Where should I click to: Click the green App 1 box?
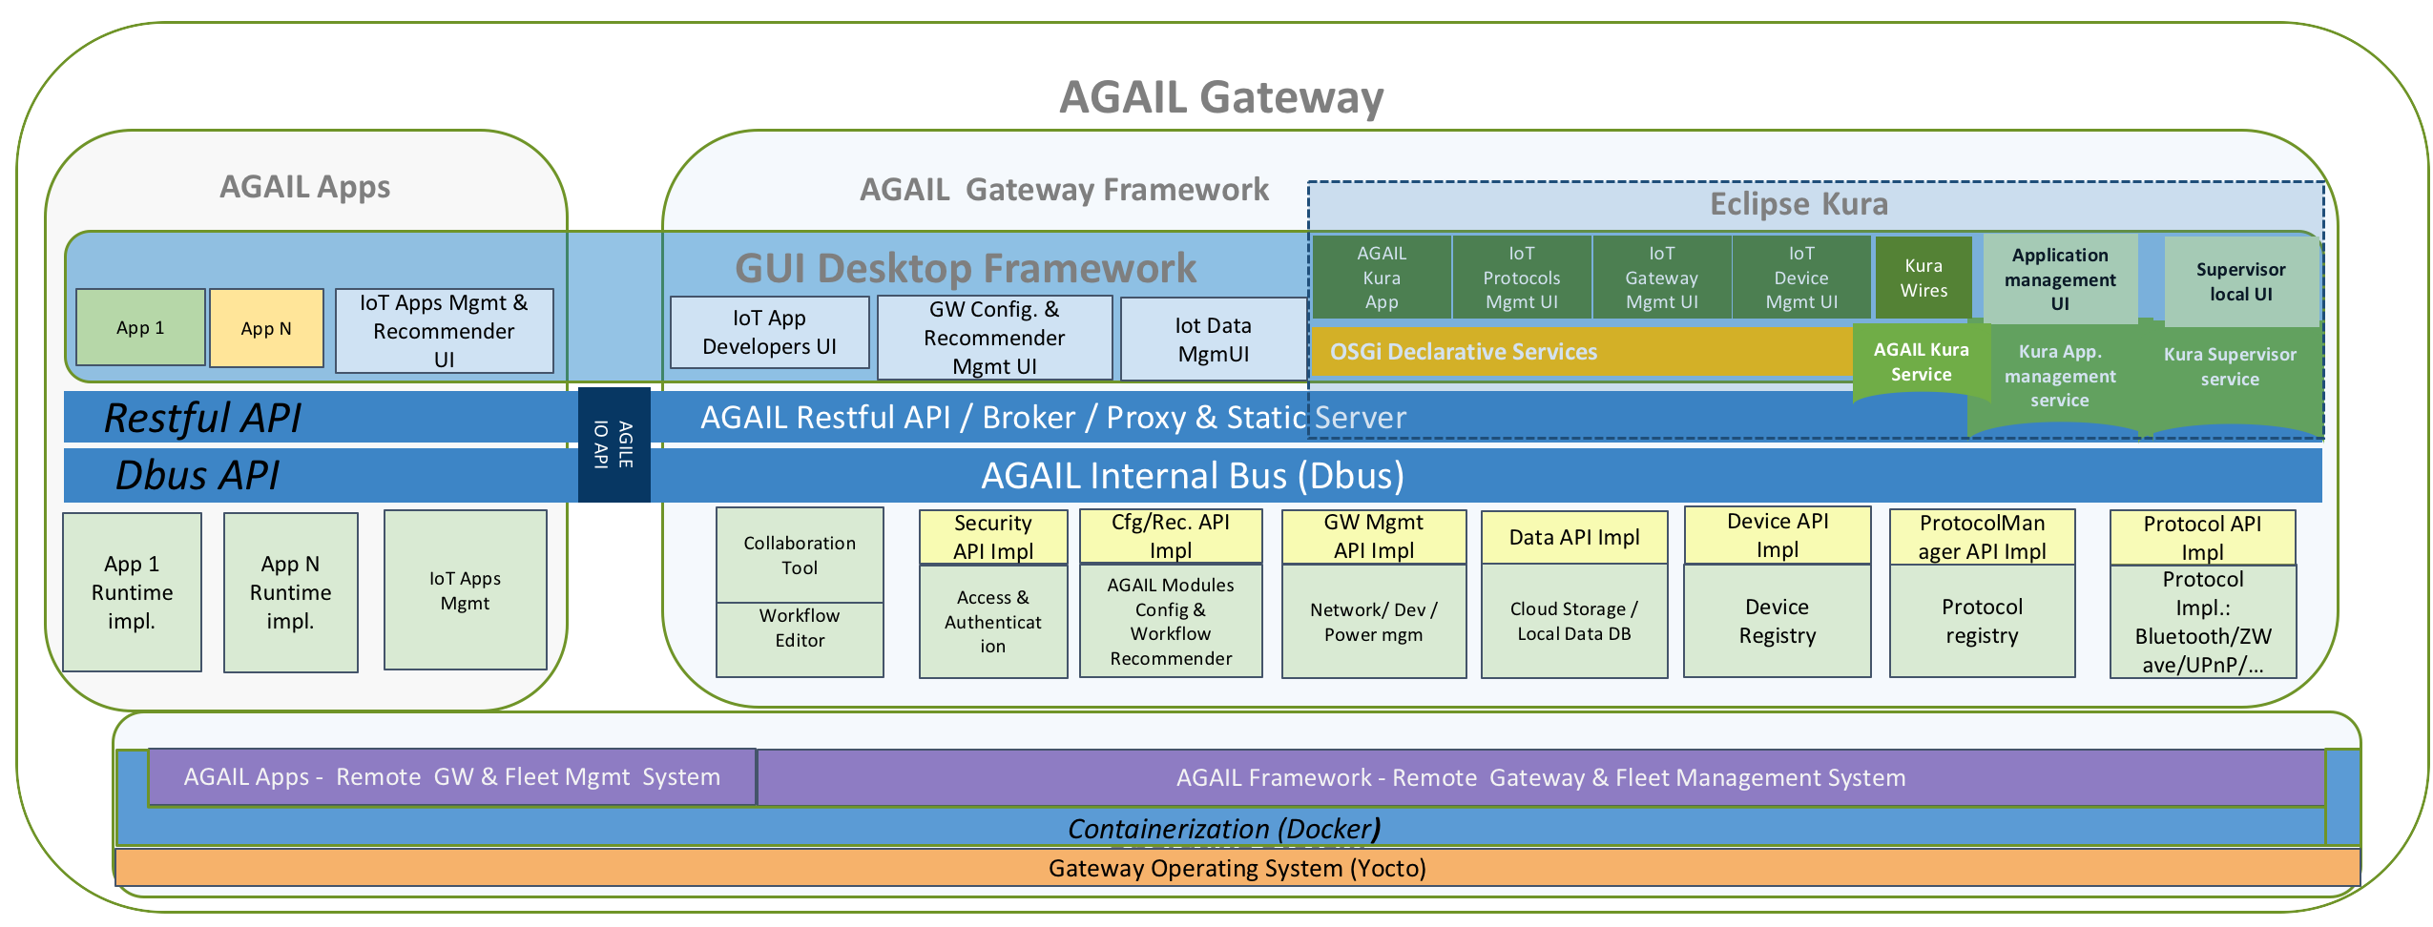(x=140, y=327)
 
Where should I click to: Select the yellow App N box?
(x=266, y=328)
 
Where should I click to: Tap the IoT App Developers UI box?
(x=769, y=332)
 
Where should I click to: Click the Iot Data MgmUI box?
(x=1213, y=340)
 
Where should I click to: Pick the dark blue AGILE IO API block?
(x=613, y=444)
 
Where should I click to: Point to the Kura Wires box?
(x=1923, y=278)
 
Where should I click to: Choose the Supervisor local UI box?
(x=2240, y=282)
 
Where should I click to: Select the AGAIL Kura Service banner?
(x=1921, y=362)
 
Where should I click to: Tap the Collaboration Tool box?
(x=800, y=555)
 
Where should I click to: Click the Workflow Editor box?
(x=800, y=628)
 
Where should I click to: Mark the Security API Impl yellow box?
(x=992, y=537)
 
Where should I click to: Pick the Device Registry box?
(x=1777, y=621)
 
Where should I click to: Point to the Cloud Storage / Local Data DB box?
(x=1573, y=621)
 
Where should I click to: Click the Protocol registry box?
(x=1982, y=621)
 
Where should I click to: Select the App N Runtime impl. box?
(x=290, y=592)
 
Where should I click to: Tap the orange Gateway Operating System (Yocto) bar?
(x=1237, y=869)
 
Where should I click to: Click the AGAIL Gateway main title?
(x=1220, y=97)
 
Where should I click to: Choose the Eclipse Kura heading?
(x=1799, y=204)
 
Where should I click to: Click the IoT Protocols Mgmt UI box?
(x=1521, y=278)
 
